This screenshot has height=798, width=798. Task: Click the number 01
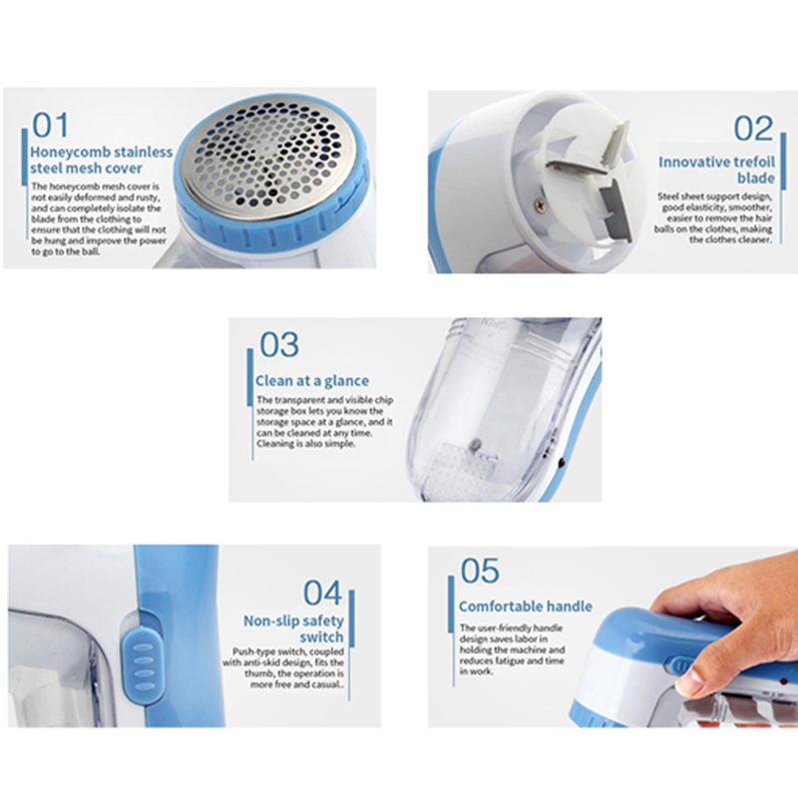[x=50, y=126]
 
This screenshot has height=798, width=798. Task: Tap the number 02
[x=753, y=129]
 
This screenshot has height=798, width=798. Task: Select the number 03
[x=279, y=345]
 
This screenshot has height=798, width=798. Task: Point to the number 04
[x=322, y=593]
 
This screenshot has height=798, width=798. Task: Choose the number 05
[x=480, y=571]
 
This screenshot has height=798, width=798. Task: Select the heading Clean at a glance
[x=312, y=381]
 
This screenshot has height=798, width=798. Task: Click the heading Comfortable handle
[x=526, y=606]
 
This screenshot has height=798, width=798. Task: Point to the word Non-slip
[x=268, y=620]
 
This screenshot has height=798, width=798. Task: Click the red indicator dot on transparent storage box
[x=562, y=463]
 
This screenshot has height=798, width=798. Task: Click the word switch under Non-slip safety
[x=321, y=637]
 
